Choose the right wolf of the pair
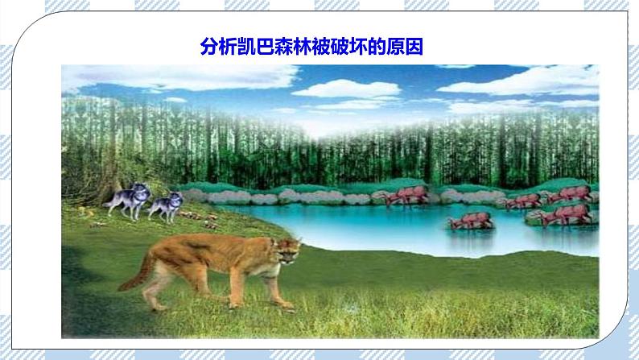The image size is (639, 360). [166, 207]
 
